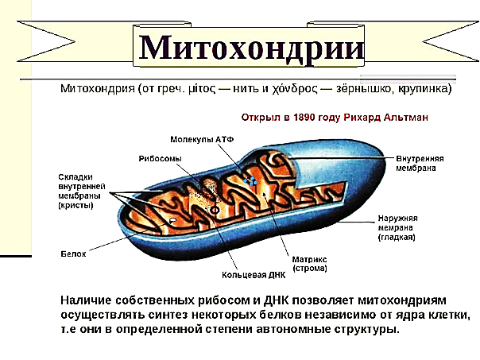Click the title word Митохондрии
[x=251, y=48]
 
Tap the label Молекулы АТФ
[x=202, y=140]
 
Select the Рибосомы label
[x=160, y=159]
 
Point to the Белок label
[x=73, y=254]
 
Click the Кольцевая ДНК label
[x=254, y=275]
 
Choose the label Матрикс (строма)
[x=309, y=264]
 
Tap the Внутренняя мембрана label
[x=420, y=164]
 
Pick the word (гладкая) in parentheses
[x=397, y=238]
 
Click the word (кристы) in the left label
[x=75, y=205]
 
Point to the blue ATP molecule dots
[x=250, y=180]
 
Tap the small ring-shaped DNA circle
[x=215, y=211]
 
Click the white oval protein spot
[x=172, y=219]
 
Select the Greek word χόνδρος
[x=295, y=89]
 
